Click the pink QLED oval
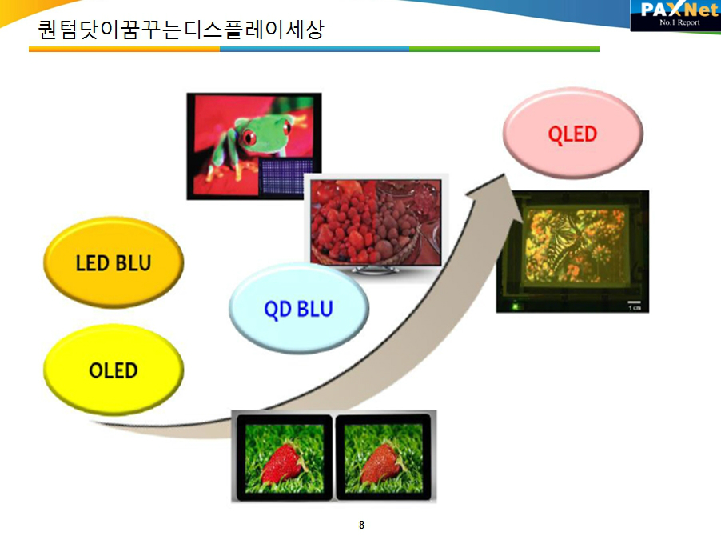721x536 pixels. (572, 133)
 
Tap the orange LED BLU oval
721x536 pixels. (114, 262)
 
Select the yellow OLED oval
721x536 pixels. (114, 370)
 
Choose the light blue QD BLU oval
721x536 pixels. (299, 308)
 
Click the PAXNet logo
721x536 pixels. (675, 15)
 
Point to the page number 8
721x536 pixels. (362, 525)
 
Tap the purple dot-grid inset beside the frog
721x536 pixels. (286, 177)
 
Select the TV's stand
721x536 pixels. (375, 270)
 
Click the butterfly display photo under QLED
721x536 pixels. (572, 252)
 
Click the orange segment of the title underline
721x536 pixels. (124, 50)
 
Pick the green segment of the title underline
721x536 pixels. (504, 50)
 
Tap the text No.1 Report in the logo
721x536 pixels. (679, 22)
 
